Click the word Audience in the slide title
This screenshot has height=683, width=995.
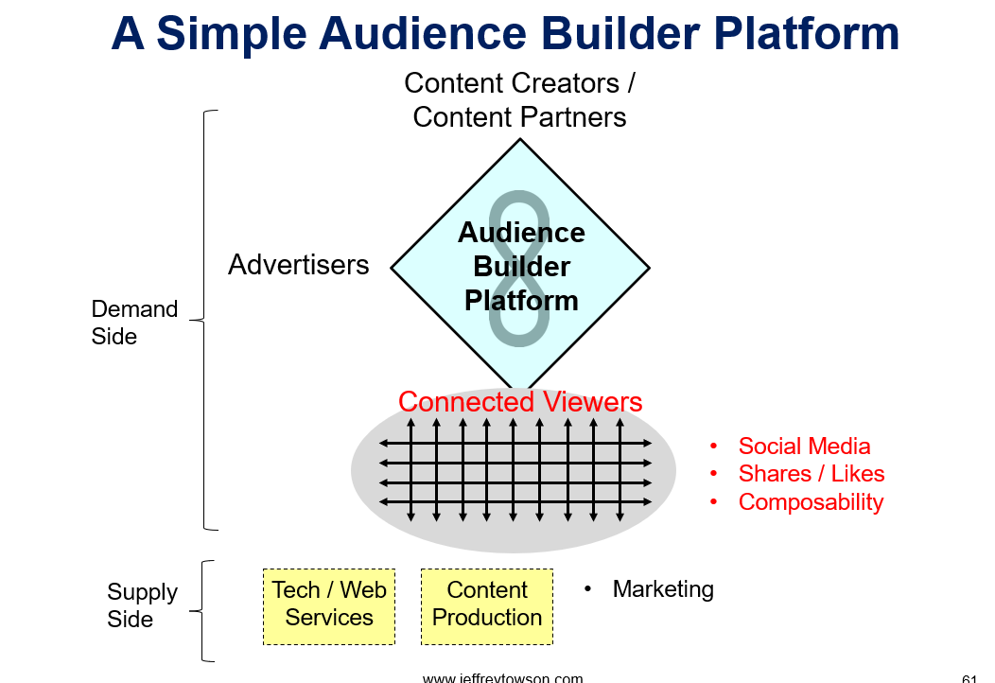click(422, 34)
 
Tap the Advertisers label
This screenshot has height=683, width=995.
click(298, 265)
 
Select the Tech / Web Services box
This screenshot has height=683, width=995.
click(329, 606)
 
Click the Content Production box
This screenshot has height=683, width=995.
click(487, 606)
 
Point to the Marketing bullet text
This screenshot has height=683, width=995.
click(663, 589)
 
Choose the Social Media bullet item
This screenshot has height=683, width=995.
click(804, 447)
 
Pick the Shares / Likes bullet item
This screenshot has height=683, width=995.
click(811, 474)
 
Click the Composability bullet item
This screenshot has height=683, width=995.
click(811, 502)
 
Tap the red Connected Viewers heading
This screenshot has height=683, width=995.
click(520, 402)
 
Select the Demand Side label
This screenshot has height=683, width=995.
click(134, 323)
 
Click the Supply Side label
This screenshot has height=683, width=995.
click(142, 604)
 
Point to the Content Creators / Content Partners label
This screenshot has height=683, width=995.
click(519, 100)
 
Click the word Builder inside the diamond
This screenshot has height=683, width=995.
click(521, 267)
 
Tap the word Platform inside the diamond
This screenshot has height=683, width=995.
click(521, 301)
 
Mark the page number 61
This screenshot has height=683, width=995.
click(969, 678)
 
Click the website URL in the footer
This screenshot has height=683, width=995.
click(502, 678)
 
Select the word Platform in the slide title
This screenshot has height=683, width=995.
click(807, 34)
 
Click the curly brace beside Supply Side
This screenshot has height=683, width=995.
click(201, 611)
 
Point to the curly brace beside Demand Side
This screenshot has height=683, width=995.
click(203, 320)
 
